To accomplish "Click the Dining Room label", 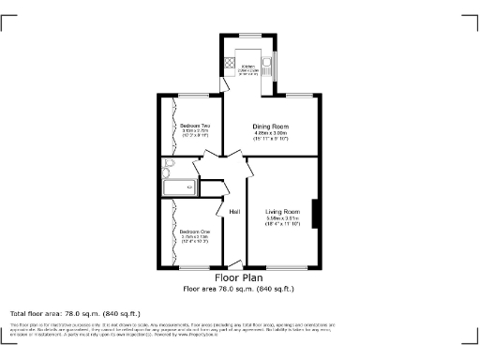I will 270,127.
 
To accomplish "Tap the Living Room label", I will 281,212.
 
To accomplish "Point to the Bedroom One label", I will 195,231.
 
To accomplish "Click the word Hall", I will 234,213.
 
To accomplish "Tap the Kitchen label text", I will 248,67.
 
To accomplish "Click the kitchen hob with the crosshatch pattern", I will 229,65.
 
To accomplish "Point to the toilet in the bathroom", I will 167,167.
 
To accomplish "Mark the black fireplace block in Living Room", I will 314,215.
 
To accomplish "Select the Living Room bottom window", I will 281,267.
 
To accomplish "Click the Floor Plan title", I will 239,277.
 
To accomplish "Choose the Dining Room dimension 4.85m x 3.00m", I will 270,133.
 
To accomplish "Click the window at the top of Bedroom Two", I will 194,96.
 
